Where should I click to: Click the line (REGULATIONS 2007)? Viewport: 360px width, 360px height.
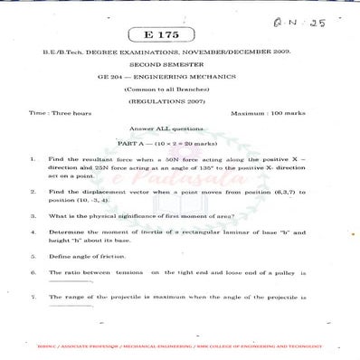[179, 103]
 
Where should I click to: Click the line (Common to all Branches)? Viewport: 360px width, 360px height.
[179, 91]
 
